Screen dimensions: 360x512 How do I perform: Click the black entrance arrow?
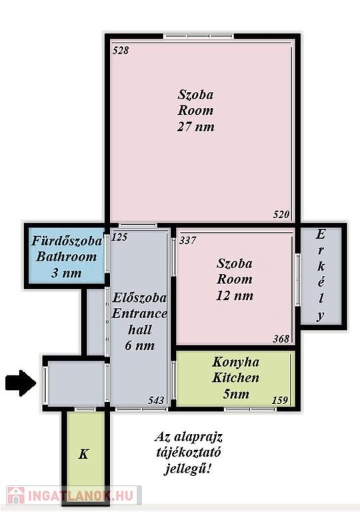pos(21,383)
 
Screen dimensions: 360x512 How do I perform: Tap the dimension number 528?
pos(121,50)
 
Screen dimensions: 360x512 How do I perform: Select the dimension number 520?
pos(281,215)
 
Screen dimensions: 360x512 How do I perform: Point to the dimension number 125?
pos(119,237)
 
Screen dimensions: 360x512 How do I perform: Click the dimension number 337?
pos(187,241)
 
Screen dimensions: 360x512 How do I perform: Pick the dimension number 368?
pos(281,339)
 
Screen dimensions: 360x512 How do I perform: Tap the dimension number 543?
pos(156,400)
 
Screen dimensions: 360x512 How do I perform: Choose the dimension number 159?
pos(280,400)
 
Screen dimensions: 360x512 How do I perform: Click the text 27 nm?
pos(196,127)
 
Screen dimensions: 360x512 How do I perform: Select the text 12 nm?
pos(235,295)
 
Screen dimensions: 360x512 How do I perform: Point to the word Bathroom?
pos(66,257)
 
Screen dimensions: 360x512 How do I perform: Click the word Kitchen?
pos(235,378)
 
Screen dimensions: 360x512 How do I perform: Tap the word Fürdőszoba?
pos(67,241)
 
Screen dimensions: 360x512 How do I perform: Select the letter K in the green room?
pos(83,454)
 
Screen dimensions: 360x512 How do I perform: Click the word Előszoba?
pos(139,298)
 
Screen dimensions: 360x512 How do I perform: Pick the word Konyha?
pos(235,363)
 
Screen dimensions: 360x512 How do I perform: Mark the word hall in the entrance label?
pos(140,330)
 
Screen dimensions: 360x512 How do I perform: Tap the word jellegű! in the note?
pos(187,469)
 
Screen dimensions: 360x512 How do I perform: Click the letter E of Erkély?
pos(321,235)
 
